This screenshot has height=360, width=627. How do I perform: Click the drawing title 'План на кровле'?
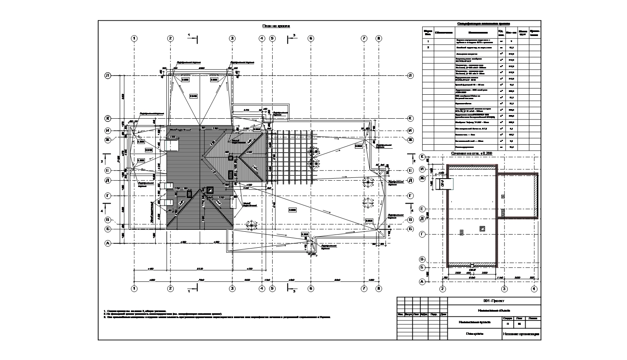tap(276, 26)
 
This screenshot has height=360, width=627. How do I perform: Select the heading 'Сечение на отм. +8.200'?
tap(471, 153)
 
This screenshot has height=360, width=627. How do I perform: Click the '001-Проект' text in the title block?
tap(494, 301)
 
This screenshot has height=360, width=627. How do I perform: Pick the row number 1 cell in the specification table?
tap(428, 41)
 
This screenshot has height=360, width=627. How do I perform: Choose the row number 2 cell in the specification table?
tap(428, 48)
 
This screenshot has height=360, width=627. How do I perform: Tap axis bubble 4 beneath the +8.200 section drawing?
tap(534, 288)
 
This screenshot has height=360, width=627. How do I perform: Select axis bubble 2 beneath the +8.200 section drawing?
tap(442, 288)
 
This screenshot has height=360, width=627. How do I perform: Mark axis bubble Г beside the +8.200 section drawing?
tap(422, 234)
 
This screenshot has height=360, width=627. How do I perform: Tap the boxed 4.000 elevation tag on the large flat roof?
tap(292, 209)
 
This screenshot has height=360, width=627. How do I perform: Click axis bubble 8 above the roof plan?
tap(379, 38)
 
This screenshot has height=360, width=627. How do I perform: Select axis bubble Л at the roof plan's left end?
tap(107, 76)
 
